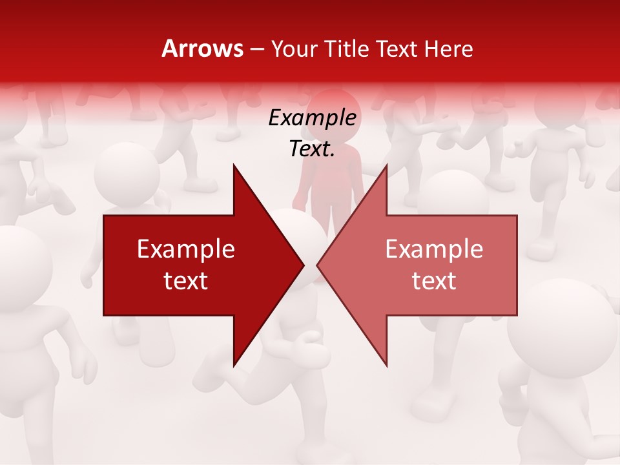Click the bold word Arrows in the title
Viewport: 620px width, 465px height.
point(202,48)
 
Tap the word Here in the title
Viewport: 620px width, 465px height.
point(448,49)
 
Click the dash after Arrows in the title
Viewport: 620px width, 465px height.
point(257,49)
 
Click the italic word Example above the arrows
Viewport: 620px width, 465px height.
point(312,118)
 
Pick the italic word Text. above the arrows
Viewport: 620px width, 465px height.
point(312,149)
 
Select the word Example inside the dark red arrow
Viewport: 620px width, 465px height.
point(186,249)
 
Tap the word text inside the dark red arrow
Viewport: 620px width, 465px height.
point(186,281)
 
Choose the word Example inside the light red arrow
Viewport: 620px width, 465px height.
point(434,249)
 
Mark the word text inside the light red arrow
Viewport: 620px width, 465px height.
point(434,281)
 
